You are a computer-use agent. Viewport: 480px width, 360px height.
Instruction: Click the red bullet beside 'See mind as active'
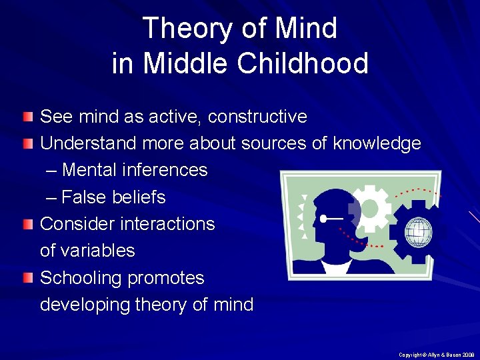tap(27, 117)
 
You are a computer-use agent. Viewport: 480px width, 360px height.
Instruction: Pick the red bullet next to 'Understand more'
tap(27, 144)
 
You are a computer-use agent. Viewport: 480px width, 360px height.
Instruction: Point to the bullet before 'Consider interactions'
tap(27, 224)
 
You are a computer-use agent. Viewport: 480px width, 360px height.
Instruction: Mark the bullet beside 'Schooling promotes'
tap(27, 278)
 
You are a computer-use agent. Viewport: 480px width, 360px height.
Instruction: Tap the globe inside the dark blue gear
tap(418, 232)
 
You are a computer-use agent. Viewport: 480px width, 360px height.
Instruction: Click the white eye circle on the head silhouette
tap(323, 218)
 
